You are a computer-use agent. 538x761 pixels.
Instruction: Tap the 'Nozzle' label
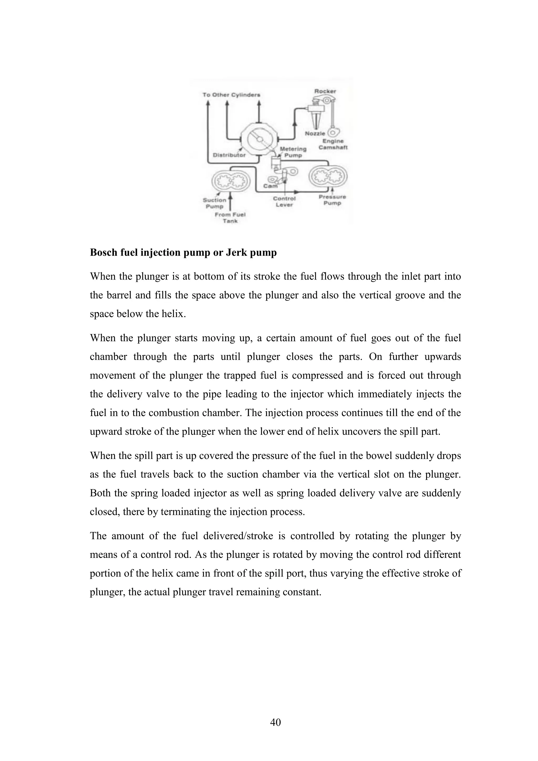(315, 133)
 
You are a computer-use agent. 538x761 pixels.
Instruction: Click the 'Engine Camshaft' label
(333, 144)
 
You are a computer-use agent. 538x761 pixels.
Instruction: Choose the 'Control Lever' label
(284, 201)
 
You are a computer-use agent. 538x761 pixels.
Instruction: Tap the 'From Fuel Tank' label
(230, 218)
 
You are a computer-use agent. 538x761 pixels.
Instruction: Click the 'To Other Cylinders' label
(231, 95)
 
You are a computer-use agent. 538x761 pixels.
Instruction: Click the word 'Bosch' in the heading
(104, 252)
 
